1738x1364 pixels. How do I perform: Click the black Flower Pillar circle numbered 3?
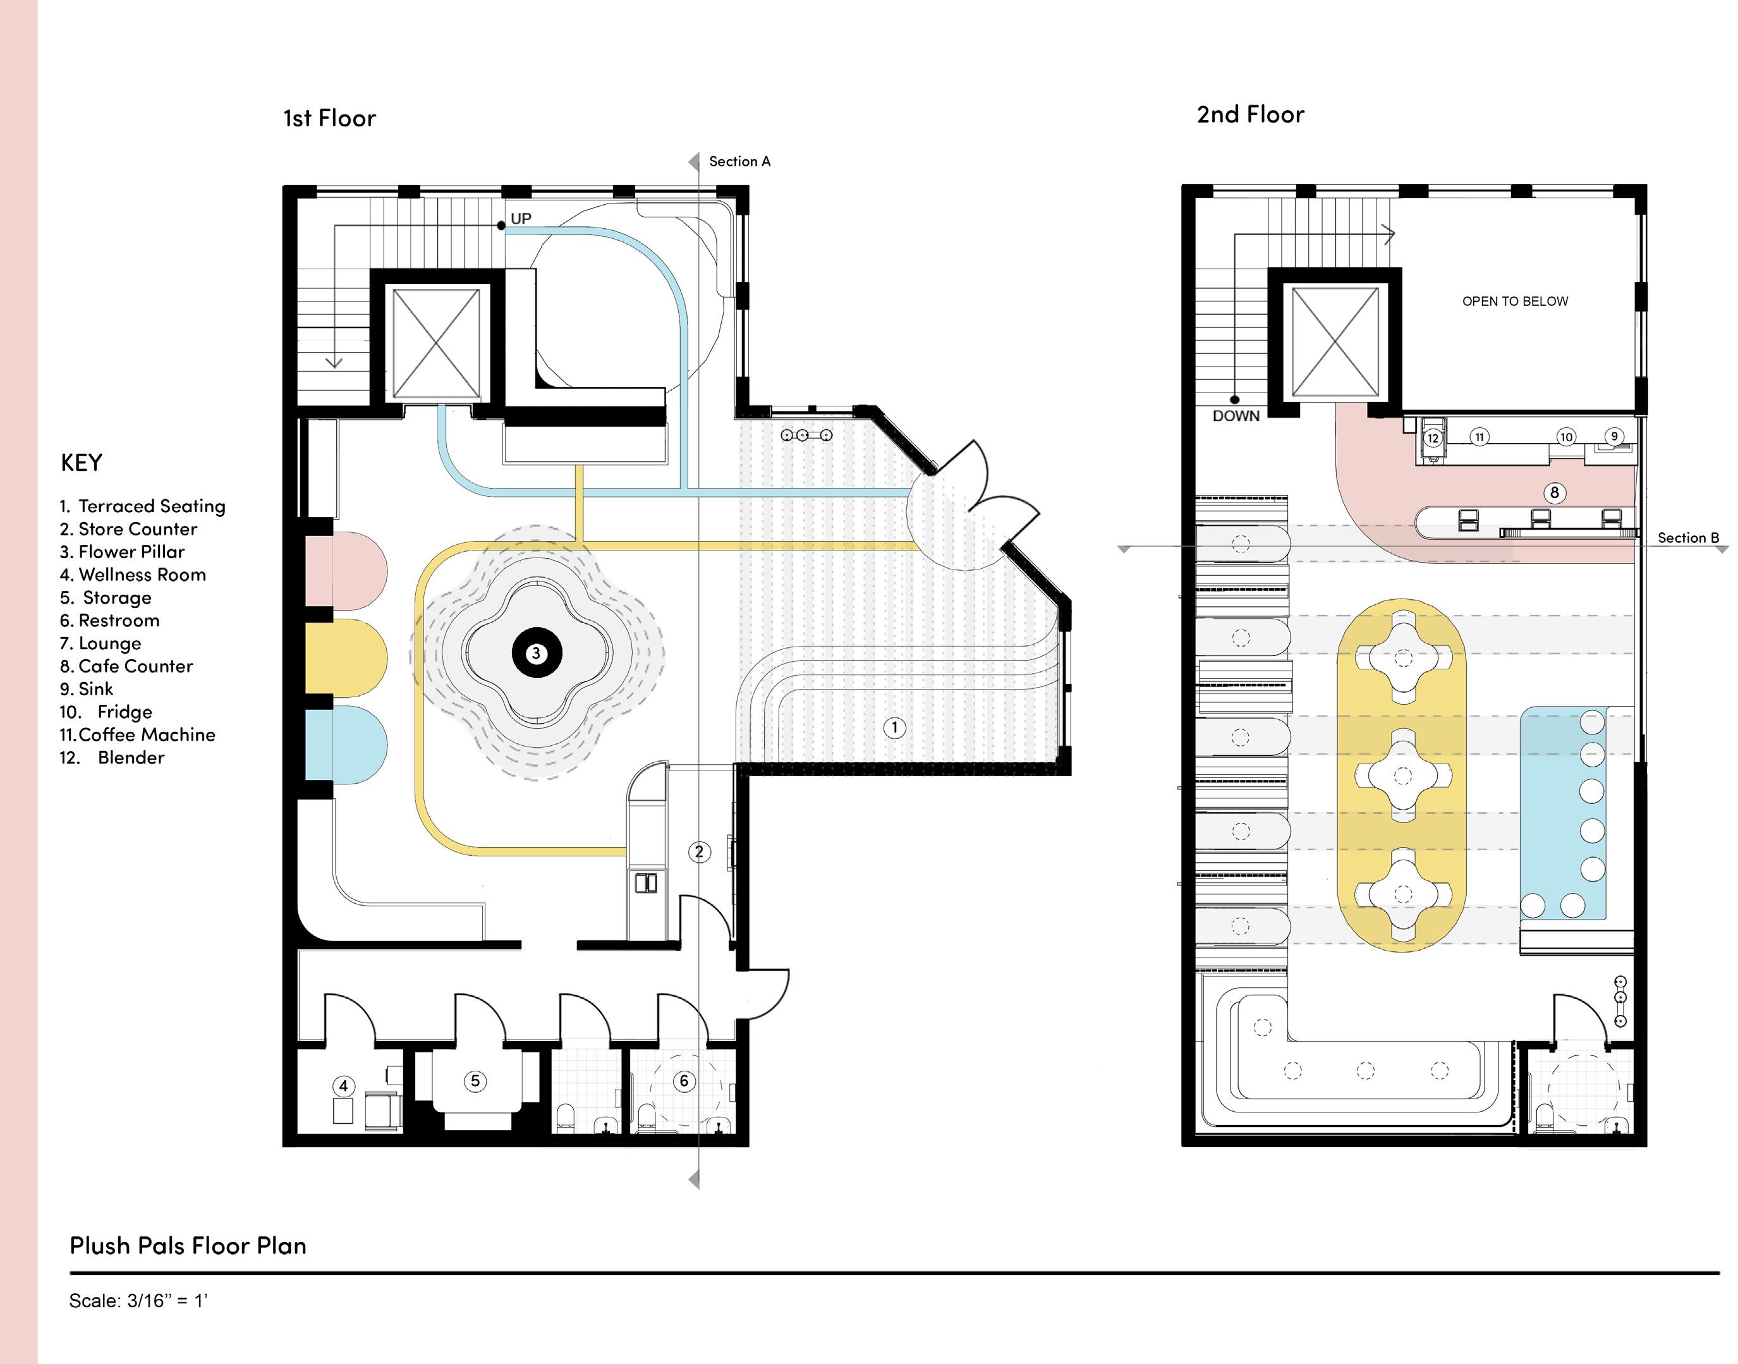pos(537,654)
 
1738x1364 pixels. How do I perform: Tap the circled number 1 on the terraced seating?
pos(894,728)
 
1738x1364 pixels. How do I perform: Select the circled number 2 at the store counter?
pos(700,851)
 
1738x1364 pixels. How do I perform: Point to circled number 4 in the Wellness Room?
pos(343,1085)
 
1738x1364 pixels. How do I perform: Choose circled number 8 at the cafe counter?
pos(1553,493)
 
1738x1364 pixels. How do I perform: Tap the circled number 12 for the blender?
pos(1432,437)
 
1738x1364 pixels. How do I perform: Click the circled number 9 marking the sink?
pos(1614,436)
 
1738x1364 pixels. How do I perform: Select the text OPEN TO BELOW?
pos(1514,301)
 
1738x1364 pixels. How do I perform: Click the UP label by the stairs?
pos(521,218)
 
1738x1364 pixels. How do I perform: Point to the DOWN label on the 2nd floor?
pos(1236,416)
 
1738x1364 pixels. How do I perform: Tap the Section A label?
pos(739,161)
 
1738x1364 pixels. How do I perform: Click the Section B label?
pos(1687,537)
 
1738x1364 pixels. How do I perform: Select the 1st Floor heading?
pos(329,118)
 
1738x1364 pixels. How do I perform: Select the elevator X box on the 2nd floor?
pos(1335,342)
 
